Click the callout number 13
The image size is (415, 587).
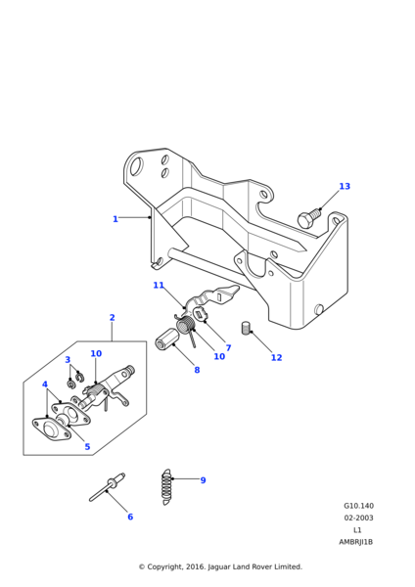tap(345, 186)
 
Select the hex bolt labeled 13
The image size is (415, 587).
tap(309, 218)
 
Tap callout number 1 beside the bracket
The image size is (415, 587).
tap(115, 219)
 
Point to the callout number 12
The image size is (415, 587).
tap(276, 357)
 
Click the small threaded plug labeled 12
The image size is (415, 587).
tap(246, 328)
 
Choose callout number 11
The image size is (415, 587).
tap(159, 286)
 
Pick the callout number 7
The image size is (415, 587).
tap(228, 347)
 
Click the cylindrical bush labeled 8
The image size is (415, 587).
tap(167, 338)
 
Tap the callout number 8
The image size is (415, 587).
tap(197, 370)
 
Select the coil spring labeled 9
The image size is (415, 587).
tap(166, 486)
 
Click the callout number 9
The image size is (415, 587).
tap(203, 480)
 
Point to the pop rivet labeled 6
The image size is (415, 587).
tap(107, 486)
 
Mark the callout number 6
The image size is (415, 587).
tap(130, 517)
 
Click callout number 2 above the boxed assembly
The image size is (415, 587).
tap(112, 317)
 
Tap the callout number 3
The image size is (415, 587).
tap(68, 360)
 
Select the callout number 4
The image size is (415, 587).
tap(45, 384)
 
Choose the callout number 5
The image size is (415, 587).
tap(87, 447)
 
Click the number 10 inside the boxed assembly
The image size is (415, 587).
tap(96, 353)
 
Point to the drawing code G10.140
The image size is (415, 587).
tap(358, 506)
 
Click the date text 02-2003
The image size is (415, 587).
tap(358, 518)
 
